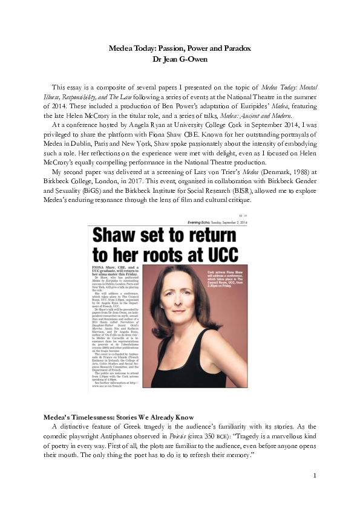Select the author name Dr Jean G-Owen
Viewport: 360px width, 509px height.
pyautogui.click(x=180, y=59)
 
